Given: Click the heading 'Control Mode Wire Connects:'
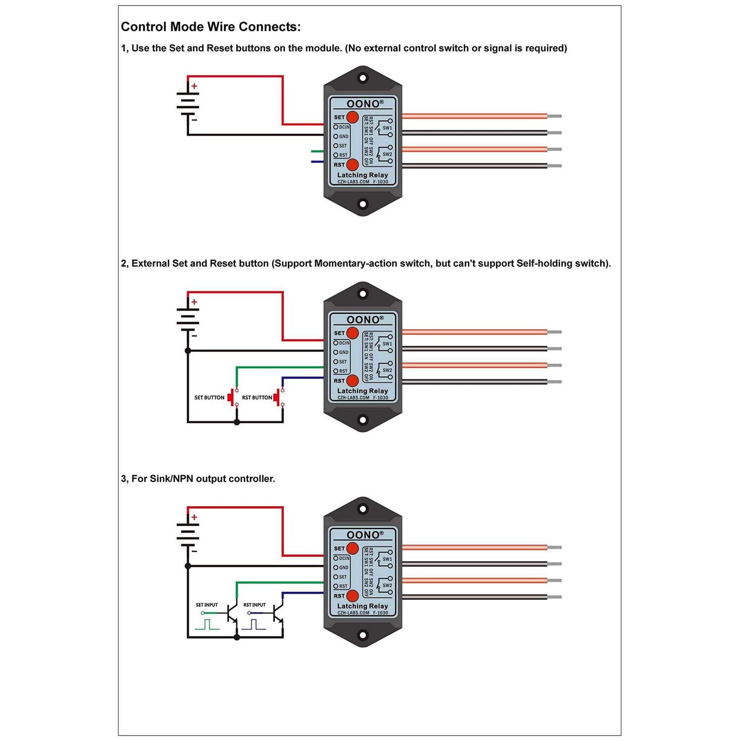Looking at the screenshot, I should click(x=210, y=27).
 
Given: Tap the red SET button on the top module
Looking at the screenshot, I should click(x=352, y=117).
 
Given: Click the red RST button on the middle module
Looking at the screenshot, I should click(x=352, y=380).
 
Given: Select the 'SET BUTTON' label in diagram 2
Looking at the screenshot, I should click(x=209, y=398).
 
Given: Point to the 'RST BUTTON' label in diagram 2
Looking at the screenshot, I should click(x=257, y=398).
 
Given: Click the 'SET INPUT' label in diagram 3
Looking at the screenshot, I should click(x=206, y=605).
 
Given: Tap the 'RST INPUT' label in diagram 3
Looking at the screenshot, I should click(x=254, y=605).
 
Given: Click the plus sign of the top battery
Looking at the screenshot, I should click(x=194, y=86).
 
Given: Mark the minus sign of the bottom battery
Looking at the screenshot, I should click(x=194, y=551).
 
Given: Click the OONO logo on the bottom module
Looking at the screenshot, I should click(x=363, y=535).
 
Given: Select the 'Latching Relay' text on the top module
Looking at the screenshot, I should click(x=363, y=175).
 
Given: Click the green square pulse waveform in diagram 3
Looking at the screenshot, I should click(x=207, y=625).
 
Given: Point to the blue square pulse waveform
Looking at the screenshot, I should click(x=253, y=625).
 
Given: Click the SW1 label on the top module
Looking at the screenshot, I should click(x=387, y=128).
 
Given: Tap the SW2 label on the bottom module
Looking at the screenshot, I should click(x=387, y=585).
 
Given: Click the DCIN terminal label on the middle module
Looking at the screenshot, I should click(x=344, y=343).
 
